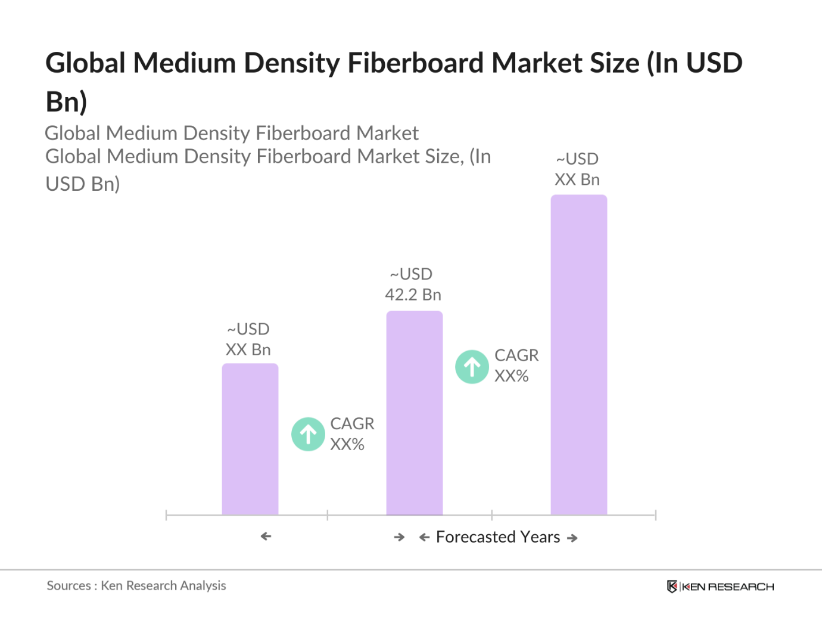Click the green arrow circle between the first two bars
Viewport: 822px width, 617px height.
pos(308,434)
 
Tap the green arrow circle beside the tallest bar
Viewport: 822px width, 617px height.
pos(472,367)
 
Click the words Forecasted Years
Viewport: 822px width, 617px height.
pos(498,537)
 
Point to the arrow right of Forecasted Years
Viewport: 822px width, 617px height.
pos(572,538)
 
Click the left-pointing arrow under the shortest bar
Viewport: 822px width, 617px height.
pos(266,537)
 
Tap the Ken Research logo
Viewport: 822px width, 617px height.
pos(720,587)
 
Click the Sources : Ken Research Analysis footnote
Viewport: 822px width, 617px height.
pos(136,585)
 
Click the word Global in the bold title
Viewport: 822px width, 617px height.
pos(85,63)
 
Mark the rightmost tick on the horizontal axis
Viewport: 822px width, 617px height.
pos(655,515)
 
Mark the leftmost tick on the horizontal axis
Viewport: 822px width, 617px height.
pos(166,515)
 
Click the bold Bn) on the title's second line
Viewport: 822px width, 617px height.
pos(66,101)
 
